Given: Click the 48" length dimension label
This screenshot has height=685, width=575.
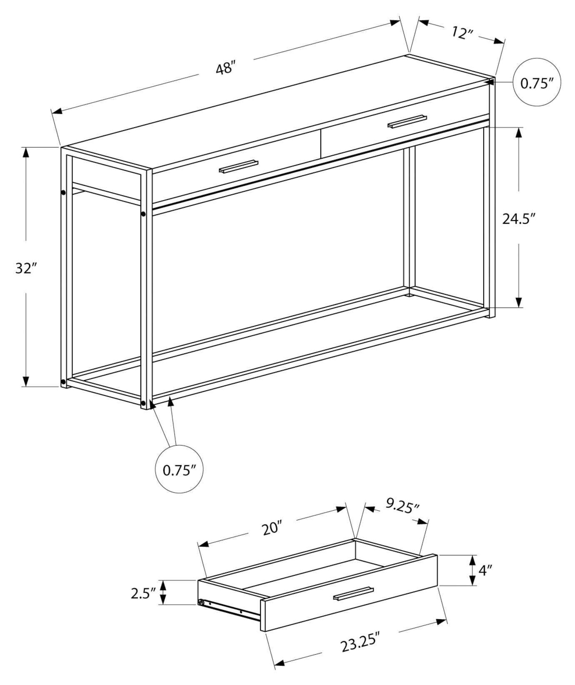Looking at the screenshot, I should point(226,67).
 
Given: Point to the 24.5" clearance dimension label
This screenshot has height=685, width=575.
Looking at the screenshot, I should point(518,218).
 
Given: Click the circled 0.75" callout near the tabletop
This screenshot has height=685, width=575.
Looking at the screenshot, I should point(536,82).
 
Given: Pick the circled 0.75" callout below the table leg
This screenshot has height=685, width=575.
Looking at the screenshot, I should point(179,470).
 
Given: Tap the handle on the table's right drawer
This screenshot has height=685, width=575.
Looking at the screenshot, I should point(407,121).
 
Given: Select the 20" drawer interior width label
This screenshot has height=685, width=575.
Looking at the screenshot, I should point(272,528).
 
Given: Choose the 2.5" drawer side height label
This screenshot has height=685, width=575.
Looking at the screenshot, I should point(143,592).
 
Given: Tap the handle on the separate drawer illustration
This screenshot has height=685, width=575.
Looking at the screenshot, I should point(353,594).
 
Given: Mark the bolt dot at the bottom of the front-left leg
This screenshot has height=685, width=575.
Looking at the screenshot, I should point(143,403).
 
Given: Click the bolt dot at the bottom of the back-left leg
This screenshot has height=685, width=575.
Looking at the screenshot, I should point(63,382).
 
